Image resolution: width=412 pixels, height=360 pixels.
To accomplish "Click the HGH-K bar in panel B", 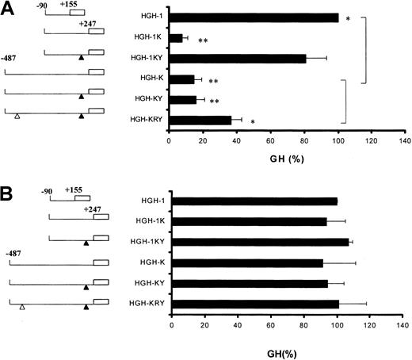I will pos(246,262).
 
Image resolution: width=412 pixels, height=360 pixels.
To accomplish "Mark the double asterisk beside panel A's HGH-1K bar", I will pos(203,40).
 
